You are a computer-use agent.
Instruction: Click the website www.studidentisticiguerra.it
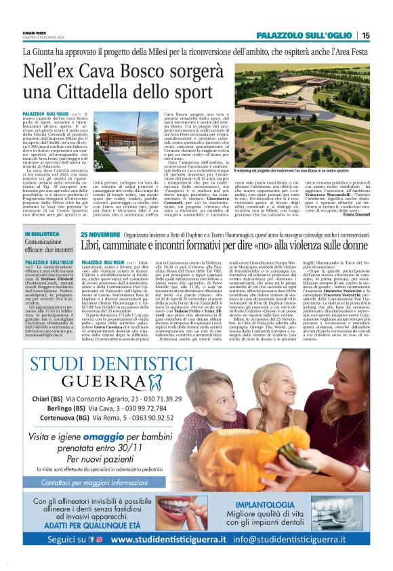pos(168,558)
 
